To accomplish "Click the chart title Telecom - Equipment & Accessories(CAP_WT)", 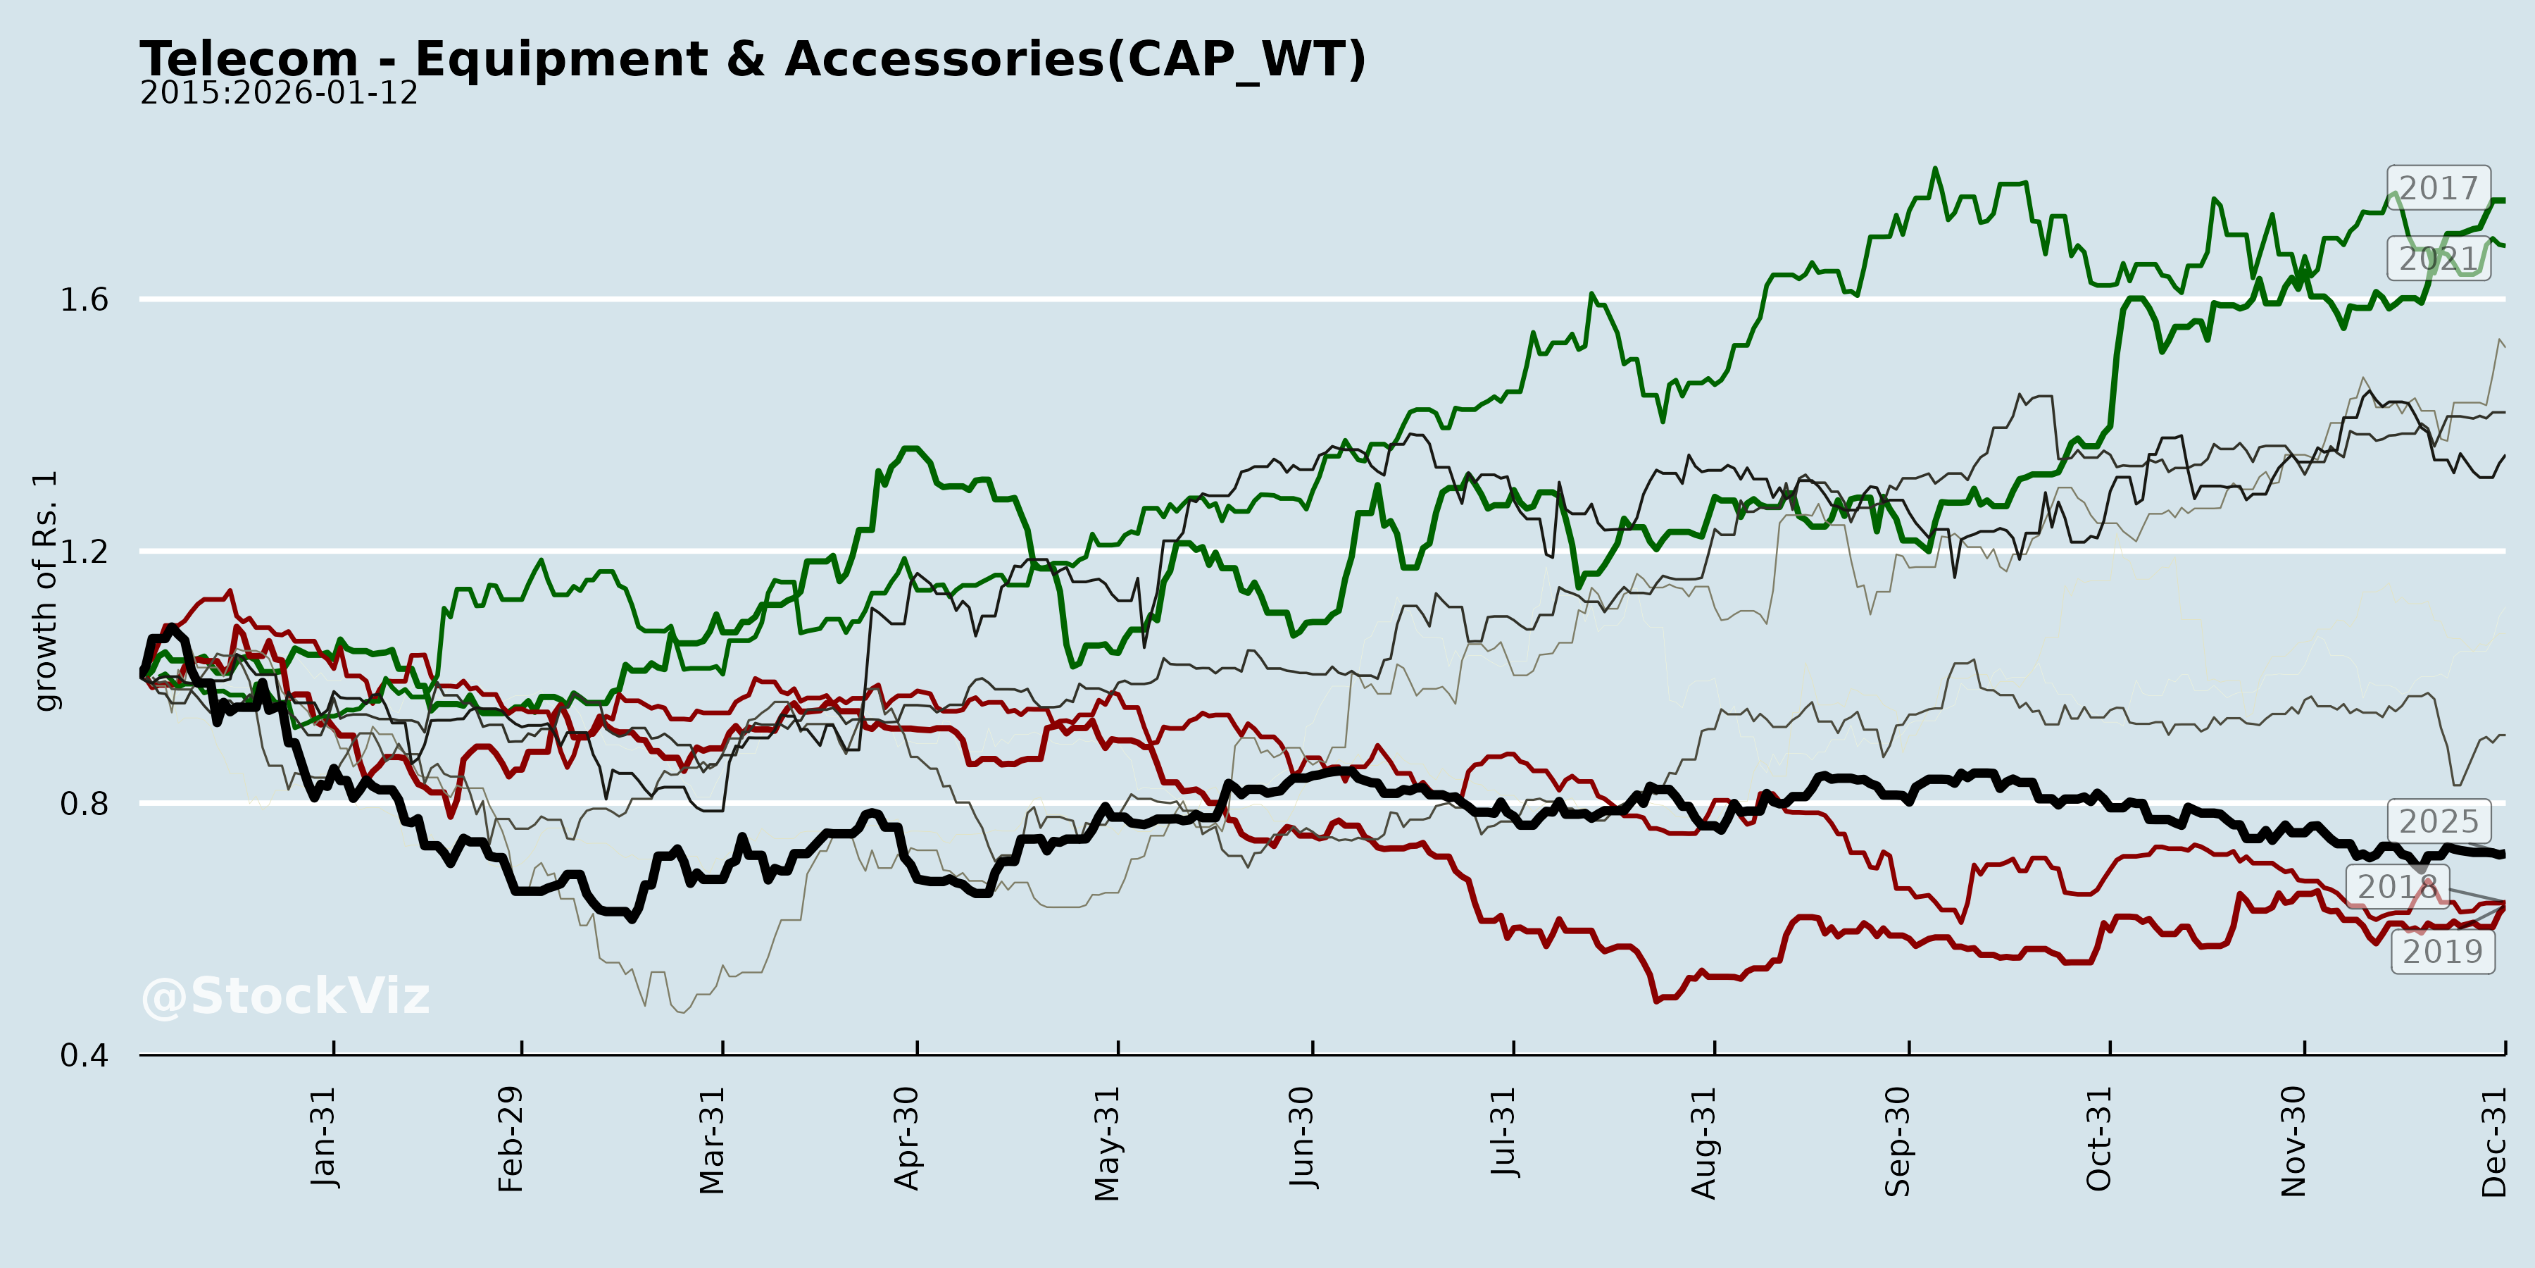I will [x=752, y=59].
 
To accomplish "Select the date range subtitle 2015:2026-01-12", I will [x=278, y=94].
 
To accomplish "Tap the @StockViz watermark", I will [x=285, y=996].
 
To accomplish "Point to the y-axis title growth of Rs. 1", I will [x=45, y=591].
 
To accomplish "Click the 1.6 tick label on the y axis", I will [x=84, y=300].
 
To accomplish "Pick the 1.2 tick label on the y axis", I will [x=84, y=552].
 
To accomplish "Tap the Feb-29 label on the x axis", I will [x=511, y=1139].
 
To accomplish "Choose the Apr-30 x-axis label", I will [x=906, y=1138].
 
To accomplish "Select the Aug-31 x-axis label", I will [x=1703, y=1142].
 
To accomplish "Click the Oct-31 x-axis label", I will [x=2099, y=1138].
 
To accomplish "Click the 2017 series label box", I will [x=2438, y=187].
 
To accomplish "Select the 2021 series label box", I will [x=2438, y=259].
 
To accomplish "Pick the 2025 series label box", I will [x=2438, y=821].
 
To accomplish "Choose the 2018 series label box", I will [x=2397, y=886].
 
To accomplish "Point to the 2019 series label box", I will [x=2443, y=951].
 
